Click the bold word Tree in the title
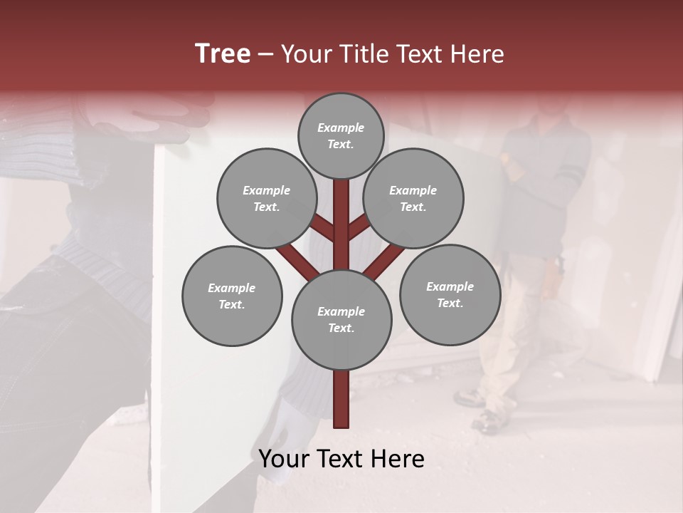point(223,54)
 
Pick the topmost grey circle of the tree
point(341,135)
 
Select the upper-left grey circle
point(267,198)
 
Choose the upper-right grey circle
point(413,198)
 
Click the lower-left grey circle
point(232,296)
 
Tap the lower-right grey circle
point(450,294)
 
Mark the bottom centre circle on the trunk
point(341,320)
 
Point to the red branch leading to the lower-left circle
point(297,261)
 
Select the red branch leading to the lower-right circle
point(384,261)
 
